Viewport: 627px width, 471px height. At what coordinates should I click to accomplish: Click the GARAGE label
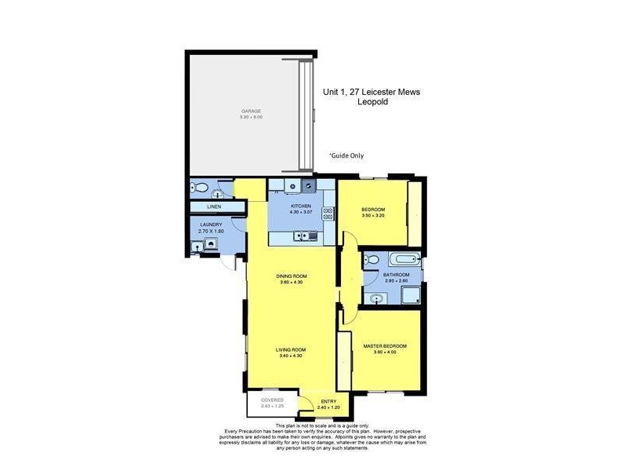pyautogui.click(x=251, y=111)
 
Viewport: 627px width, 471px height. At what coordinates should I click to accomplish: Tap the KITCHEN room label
pyautogui.click(x=301, y=206)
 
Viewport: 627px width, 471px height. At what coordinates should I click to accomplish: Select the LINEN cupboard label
pyautogui.click(x=214, y=206)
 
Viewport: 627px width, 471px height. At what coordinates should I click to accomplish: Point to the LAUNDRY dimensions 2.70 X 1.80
pyautogui.click(x=211, y=232)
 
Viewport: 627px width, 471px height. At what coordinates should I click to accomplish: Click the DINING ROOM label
pyautogui.click(x=291, y=276)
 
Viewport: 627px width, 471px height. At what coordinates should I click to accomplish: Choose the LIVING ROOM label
pyautogui.click(x=291, y=349)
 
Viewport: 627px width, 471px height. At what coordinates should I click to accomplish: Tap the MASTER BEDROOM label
pyautogui.click(x=385, y=345)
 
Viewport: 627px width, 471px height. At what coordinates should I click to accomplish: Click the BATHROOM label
pyautogui.click(x=397, y=275)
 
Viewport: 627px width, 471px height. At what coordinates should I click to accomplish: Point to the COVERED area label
pyautogui.click(x=272, y=400)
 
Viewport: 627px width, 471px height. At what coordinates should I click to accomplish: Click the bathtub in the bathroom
pyautogui.click(x=404, y=259)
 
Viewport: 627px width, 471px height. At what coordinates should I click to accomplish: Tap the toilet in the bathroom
pyautogui.click(x=373, y=259)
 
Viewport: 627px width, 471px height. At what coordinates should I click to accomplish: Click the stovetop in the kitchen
pyautogui.click(x=328, y=213)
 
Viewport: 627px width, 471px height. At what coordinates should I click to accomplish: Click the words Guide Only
pyautogui.click(x=346, y=155)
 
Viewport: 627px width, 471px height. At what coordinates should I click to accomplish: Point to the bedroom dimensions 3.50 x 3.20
pyautogui.click(x=372, y=215)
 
